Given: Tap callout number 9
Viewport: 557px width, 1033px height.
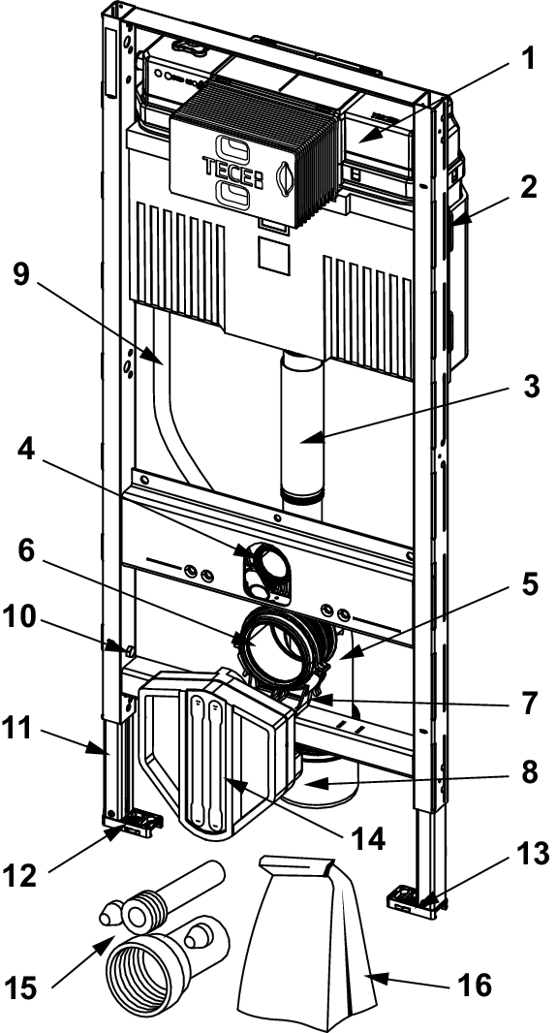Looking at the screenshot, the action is [x=21, y=274].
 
